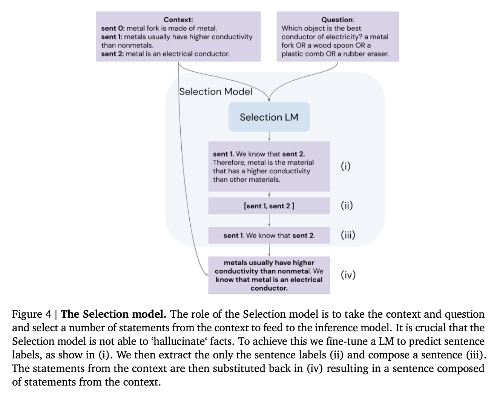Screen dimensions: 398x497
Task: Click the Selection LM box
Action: (269, 117)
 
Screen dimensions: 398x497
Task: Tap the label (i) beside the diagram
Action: (345, 166)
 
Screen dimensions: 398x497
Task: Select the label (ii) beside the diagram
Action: (347, 205)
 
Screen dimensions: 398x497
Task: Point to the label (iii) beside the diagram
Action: (348, 235)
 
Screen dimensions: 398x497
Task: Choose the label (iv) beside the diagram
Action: (348, 275)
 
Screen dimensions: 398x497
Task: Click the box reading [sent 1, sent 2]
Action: (269, 206)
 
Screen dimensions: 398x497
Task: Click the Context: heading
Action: (178, 20)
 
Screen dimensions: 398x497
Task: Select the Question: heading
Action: (337, 20)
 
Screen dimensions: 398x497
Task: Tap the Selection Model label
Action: (216, 92)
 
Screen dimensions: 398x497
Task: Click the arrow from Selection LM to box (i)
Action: (269, 136)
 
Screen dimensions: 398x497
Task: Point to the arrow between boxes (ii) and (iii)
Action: (269, 220)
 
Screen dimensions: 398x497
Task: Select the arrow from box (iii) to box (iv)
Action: (269, 250)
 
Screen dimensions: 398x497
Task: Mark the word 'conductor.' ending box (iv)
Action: (269, 288)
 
